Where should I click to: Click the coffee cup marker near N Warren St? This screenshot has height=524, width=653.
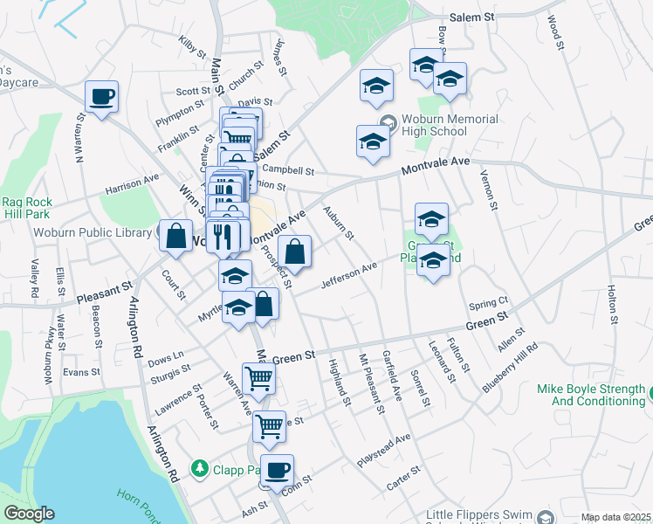[x=101, y=96]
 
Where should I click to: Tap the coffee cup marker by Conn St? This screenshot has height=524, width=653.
[x=277, y=470]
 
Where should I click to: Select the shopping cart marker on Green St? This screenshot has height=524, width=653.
[x=258, y=378]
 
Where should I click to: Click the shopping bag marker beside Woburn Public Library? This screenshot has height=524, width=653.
[x=176, y=236]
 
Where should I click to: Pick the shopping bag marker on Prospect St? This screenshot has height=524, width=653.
[x=296, y=252]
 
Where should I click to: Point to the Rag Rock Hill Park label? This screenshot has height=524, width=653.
[x=26, y=207]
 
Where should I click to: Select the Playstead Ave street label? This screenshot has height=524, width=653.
[x=383, y=449]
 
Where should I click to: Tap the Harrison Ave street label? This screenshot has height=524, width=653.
[x=132, y=183]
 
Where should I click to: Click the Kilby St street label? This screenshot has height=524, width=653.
[x=190, y=45]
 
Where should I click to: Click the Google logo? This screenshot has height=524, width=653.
[x=29, y=514]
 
